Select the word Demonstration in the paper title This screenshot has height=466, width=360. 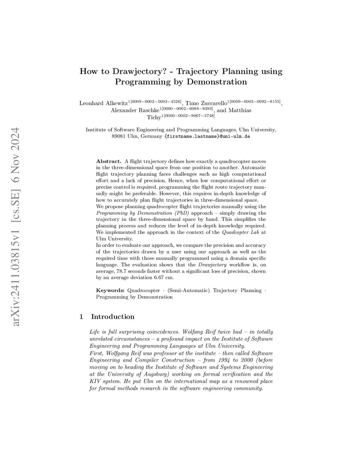click(x=217, y=82)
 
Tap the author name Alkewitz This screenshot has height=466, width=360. click(x=116, y=103)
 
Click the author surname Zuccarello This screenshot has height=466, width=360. click(x=214, y=103)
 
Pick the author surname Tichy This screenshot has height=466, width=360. click(x=154, y=117)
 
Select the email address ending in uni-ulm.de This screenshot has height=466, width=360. click(x=207, y=136)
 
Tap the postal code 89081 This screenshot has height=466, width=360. click(x=119, y=136)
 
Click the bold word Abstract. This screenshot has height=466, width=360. click(x=109, y=161)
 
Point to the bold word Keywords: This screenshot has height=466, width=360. click(x=110, y=291)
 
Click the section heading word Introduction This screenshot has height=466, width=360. click(x=112, y=317)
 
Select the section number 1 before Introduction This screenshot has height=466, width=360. click(x=82, y=317)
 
